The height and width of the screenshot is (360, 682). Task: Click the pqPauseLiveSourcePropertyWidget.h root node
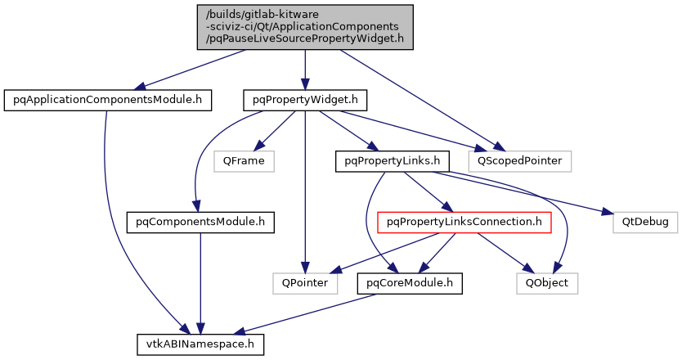click(x=304, y=27)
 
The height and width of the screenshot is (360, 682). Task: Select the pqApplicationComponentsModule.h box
click(x=108, y=101)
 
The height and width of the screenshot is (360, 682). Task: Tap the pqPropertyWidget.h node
click(x=304, y=101)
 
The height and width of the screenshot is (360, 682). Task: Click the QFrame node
click(x=243, y=161)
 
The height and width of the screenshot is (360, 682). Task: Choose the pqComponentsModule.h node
click(x=200, y=222)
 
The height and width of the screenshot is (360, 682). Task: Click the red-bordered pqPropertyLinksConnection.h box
click(x=464, y=222)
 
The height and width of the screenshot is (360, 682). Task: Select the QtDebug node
click(x=640, y=222)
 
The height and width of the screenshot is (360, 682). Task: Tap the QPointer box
click(x=305, y=283)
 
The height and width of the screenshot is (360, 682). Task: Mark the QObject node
click(x=547, y=283)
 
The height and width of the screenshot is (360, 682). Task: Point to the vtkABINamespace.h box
click(x=200, y=344)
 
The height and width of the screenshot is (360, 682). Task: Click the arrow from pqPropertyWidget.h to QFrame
click(x=273, y=131)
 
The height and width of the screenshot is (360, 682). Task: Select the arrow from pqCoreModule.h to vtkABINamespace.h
click(x=311, y=313)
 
